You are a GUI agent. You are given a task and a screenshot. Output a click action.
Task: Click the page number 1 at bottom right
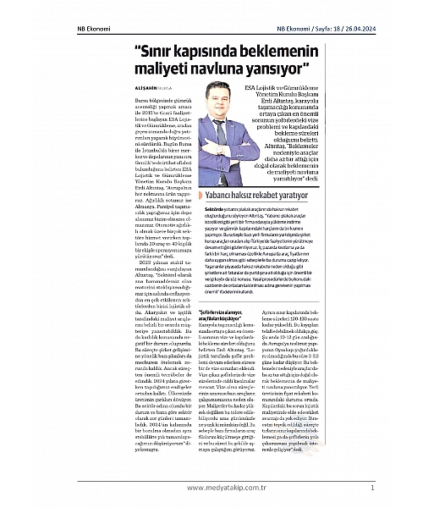(x=372, y=487)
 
